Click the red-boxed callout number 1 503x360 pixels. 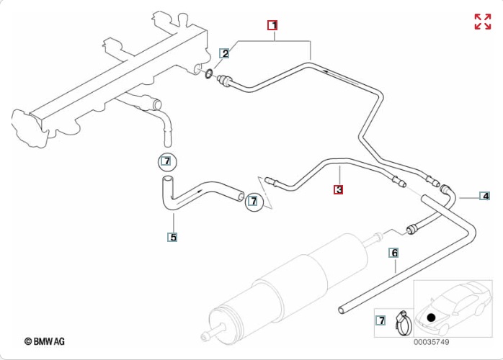[272, 25]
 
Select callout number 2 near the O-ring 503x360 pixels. [225, 53]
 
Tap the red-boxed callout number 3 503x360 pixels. [339, 189]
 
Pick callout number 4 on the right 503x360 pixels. [485, 196]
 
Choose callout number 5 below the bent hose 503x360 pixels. [172, 237]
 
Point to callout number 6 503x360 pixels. [394, 253]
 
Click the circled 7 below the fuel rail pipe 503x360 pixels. [167, 162]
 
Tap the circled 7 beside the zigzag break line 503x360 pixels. [254, 202]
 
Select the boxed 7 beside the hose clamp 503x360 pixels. [380, 320]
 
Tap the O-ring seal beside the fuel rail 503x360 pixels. [208, 74]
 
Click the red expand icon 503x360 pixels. [483, 22]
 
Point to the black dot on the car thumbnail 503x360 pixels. [431, 318]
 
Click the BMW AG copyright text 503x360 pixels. [44, 341]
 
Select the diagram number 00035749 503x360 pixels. [431, 342]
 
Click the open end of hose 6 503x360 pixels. [342, 310]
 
